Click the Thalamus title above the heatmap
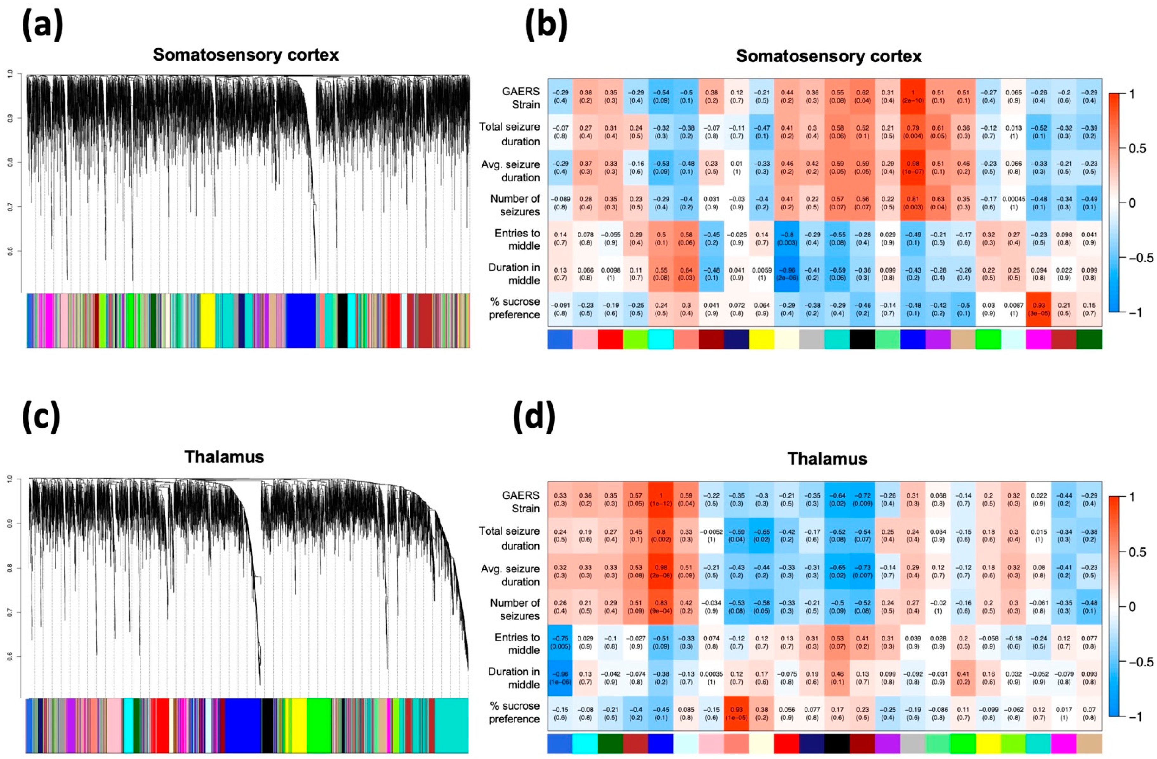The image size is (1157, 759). coord(827,458)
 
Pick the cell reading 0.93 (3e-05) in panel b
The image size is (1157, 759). coord(1038,309)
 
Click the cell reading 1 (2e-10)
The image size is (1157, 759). coord(913,96)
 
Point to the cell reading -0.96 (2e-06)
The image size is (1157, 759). coord(786,273)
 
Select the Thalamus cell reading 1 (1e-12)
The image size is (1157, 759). coord(661,499)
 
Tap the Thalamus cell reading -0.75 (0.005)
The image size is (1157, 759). coord(560,642)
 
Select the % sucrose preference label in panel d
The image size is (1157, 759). coord(514,712)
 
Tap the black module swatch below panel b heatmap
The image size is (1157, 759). coord(863,339)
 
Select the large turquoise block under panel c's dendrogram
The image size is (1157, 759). coord(451,725)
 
